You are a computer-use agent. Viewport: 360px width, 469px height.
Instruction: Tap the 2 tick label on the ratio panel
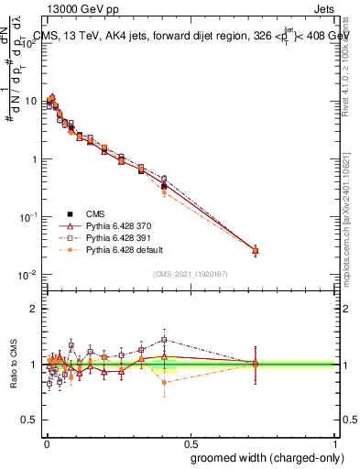(34, 309)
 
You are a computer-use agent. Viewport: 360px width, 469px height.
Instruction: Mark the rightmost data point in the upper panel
(256, 250)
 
